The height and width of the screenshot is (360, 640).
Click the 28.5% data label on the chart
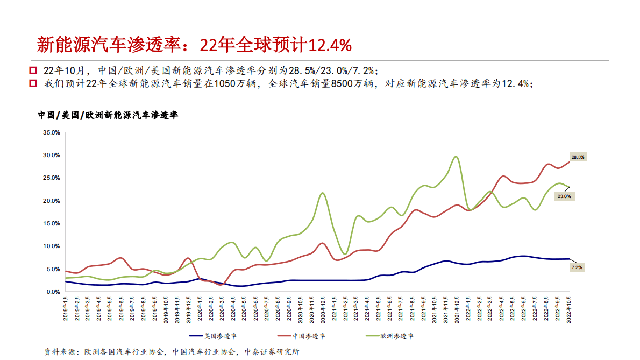tap(578, 157)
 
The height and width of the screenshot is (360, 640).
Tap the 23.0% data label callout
tap(564, 197)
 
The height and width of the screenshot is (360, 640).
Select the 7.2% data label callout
tap(577, 267)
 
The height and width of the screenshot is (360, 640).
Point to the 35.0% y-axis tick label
tap(51, 132)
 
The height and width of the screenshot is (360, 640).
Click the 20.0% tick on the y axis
tap(51, 201)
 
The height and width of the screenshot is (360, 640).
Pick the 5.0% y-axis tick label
tap(53, 269)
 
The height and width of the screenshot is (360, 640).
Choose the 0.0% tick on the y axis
tap(53, 292)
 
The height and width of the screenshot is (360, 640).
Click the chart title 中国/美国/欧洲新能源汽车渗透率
tap(108, 115)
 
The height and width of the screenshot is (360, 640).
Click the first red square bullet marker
tap(33, 70)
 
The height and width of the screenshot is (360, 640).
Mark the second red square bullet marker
tap(33, 83)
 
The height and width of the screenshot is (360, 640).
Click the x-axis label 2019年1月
tap(66, 308)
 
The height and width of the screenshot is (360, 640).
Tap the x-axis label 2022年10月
tap(569, 309)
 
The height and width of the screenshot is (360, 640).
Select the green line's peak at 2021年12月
tap(456, 157)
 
